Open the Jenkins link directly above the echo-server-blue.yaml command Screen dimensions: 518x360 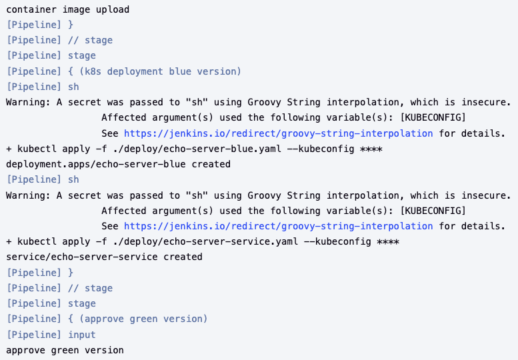coord(278,133)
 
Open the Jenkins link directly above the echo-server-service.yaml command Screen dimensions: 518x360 coord(278,226)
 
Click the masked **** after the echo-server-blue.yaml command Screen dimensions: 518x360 coord(371,149)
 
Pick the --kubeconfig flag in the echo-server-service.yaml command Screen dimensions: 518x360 coord(337,241)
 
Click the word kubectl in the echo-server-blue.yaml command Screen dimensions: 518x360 coord(34,149)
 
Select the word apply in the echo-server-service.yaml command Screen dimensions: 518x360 coord(73,241)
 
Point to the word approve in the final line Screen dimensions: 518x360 coord(25,350)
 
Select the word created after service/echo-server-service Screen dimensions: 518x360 coord(183,257)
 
